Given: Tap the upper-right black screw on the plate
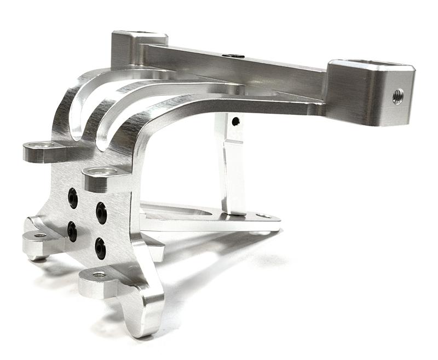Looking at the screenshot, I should pos(101,210).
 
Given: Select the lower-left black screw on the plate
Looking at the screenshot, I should pos(71,232).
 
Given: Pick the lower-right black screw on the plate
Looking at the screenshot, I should pos(100,247).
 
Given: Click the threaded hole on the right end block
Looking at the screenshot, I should pos(398,96).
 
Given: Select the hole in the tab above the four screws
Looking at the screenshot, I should pos(100,172).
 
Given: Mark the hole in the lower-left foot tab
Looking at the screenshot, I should pos(39,235).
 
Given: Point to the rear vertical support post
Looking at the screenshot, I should pos(233,164).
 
